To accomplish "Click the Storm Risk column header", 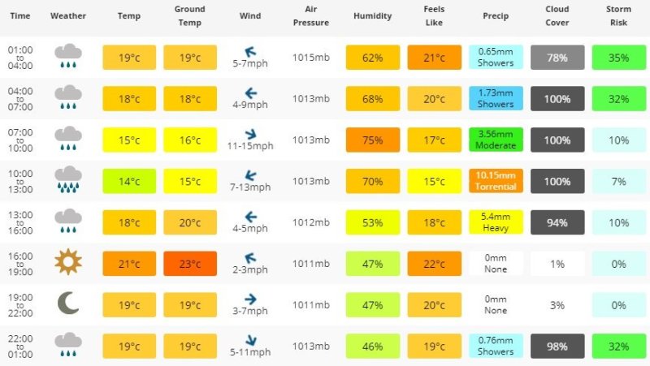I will coord(619,15).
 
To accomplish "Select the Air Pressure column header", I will coord(311,15).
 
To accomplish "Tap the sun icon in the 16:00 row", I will coord(68,262).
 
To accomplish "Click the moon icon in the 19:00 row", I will coord(68,304).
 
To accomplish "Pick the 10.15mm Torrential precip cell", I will coord(496,181).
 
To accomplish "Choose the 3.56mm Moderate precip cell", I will coord(496,140).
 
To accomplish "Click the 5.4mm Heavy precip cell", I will coord(496,222).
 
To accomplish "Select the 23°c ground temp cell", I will coord(190,263).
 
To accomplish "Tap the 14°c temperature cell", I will coord(129,181).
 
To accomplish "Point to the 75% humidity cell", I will coord(373,140).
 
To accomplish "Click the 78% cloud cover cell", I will coord(557,57).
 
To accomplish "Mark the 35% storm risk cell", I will coord(619,57).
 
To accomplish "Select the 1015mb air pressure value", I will coord(311,57).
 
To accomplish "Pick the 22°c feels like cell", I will coord(435,263).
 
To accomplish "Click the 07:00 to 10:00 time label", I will coord(20,140).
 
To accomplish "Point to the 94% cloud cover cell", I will coord(557,222).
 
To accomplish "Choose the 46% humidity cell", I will coord(373,346).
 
